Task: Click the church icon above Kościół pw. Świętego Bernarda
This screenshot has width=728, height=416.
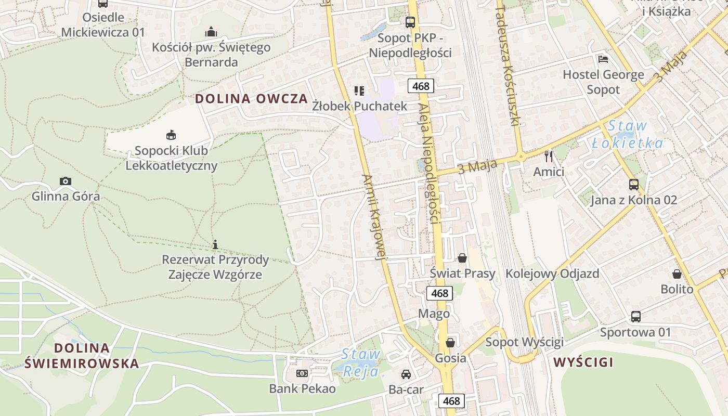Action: [211, 32]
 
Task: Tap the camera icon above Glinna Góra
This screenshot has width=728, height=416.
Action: [65, 181]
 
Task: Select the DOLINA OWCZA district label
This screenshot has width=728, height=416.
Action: [252, 99]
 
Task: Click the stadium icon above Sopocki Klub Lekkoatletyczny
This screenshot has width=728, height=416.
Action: [171, 135]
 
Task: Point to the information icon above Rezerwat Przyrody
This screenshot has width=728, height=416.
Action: [215, 244]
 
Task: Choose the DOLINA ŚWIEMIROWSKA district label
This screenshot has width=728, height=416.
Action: [82, 356]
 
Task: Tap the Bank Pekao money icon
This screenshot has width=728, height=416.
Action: [302, 373]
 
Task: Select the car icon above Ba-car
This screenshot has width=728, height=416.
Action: [406, 374]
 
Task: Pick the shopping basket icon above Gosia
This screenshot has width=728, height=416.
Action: [450, 342]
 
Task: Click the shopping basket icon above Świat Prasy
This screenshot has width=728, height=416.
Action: [462, 257]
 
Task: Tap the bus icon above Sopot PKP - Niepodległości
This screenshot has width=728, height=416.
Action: [410, 22]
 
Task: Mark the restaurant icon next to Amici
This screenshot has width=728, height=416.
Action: [548, 156]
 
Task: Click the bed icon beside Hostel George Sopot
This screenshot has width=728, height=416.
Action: [603, 59]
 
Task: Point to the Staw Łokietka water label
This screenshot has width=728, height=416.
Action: [627, 134]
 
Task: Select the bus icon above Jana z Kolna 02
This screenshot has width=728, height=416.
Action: [633, 185]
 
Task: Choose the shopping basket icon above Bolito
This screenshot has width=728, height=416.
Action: [677, 274]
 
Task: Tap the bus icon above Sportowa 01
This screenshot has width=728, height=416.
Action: [635, 316]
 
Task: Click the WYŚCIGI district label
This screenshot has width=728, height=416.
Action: [583, 362]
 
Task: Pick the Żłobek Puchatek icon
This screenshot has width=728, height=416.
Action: [359, 91]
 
